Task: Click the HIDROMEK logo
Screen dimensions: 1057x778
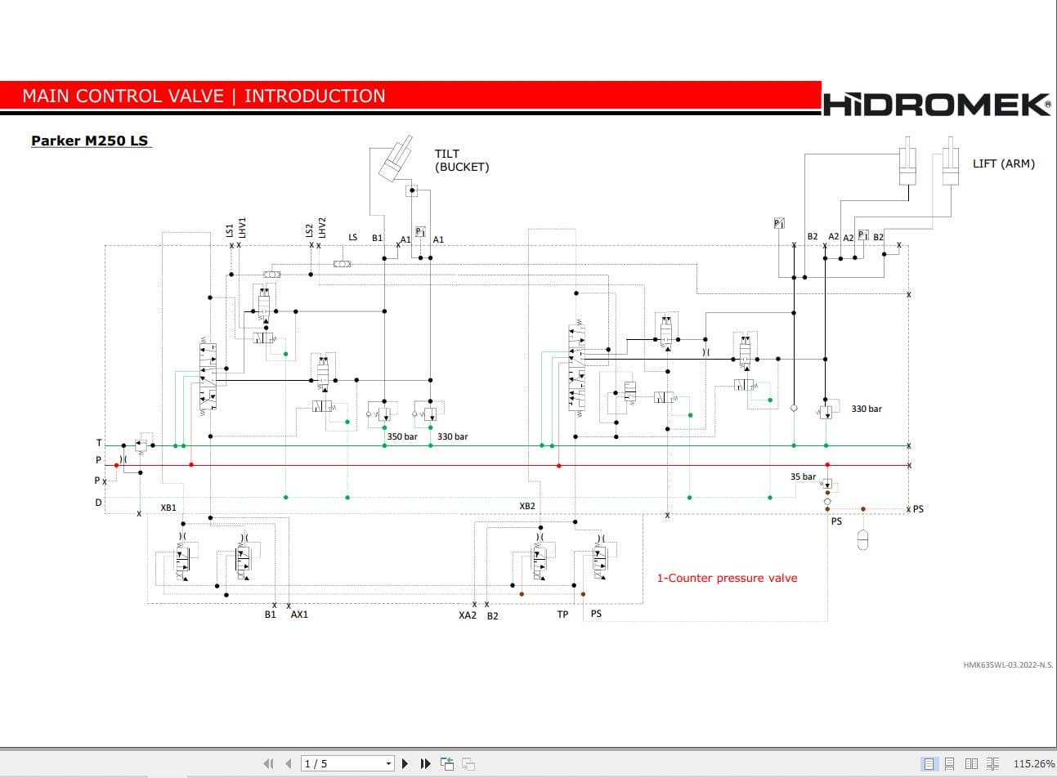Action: (937, 104)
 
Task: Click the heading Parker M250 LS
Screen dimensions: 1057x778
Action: (90, 141)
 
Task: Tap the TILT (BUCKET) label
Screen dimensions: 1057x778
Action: (462, 160)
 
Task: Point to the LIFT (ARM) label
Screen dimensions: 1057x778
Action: (1004, 163)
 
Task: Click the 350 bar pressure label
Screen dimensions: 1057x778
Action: (402, 436)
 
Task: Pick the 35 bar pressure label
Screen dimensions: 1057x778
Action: (803, 476)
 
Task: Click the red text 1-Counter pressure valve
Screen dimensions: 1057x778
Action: (727, 578)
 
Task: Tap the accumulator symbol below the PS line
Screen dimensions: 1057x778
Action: (862, 540)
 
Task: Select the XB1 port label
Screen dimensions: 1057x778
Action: (168, 507)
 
